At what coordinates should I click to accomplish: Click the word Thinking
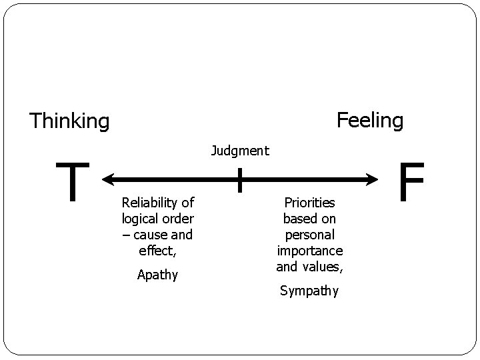(69, 121)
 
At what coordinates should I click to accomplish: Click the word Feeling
(370, 120)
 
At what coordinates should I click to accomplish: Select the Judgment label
(240, 151)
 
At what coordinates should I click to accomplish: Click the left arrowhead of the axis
(107, 179)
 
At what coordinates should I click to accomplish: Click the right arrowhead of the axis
(373, 179)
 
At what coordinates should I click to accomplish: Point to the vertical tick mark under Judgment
(240, 179)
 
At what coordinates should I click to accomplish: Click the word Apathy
(157, 275)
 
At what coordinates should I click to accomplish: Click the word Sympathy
(309, 291)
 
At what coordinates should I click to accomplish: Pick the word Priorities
(309, 202)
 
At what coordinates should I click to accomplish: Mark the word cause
(149, 235)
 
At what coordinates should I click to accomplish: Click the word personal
(309, 235)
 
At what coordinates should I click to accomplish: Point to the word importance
(309, 251)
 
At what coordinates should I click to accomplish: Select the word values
(324, 267)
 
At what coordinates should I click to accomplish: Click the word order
(178, 219)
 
